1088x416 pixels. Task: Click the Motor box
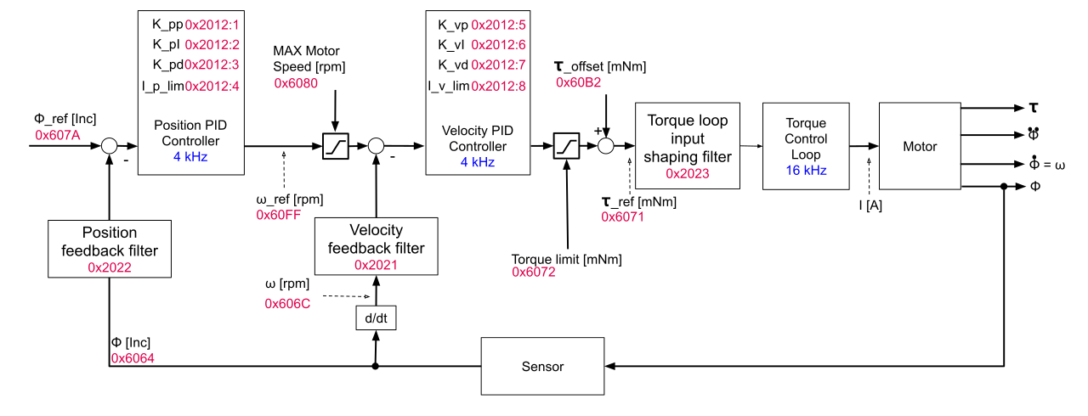point(920,146)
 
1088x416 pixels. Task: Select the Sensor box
point(542,366)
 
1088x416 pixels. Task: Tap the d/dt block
point(376,318)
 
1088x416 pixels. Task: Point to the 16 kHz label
point(806,171)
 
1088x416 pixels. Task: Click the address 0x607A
point(58,135)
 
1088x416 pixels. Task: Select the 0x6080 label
point(296,83)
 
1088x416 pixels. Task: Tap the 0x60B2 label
point(578,82)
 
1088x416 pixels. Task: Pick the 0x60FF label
point(278,215)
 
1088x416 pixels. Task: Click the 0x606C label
point(287,303)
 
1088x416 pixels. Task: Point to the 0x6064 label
point(133,358)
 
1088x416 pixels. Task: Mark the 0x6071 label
point(622,216)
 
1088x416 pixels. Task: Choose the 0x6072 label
point(534,272)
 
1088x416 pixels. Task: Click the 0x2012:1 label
point(212,25)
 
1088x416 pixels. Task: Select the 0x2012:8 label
point(499,86)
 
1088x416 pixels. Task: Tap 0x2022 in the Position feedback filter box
point(110,267)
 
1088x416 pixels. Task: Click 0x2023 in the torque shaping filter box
point(688,174)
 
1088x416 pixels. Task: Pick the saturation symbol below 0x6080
point(336,146)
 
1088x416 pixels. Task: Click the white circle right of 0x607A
point(109,146)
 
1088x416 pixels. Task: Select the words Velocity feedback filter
point(376,239)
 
